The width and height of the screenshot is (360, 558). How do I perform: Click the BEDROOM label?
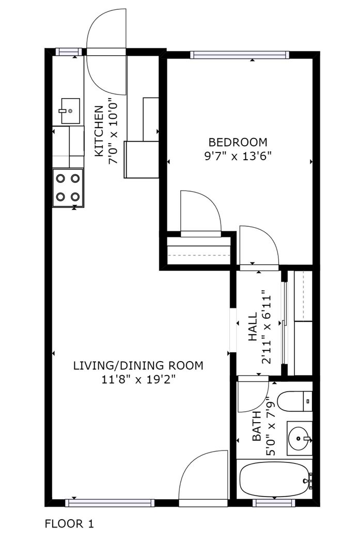238,143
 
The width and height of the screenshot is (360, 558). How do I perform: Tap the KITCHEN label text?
99,131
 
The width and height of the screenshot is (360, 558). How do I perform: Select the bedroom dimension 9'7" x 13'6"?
238,156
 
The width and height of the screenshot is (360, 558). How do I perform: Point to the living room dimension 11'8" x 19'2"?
139,380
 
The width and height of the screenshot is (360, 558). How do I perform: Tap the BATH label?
257,426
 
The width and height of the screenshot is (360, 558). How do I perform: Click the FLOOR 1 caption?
69,524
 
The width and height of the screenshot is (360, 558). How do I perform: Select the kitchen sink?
70,111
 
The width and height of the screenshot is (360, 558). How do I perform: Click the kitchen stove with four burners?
68,188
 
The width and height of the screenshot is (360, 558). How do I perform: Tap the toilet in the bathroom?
294,401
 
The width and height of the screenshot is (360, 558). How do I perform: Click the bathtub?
274,479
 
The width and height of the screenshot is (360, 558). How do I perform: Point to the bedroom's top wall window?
240,55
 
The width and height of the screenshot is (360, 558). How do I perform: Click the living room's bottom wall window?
109,503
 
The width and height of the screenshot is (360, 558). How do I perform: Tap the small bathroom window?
274,503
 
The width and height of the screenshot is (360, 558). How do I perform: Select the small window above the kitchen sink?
69,52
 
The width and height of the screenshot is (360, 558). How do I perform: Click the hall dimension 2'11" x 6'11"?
267,328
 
